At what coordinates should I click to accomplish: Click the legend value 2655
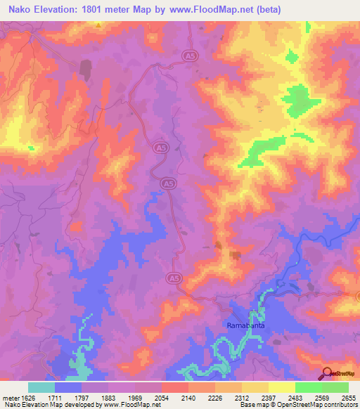click(x=349, y=398)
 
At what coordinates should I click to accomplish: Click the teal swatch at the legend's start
click(x=41, y=387)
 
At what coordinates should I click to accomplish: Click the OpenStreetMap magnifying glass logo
click(x=327, y=372)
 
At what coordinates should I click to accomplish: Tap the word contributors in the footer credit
click(x=342, y=405)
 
